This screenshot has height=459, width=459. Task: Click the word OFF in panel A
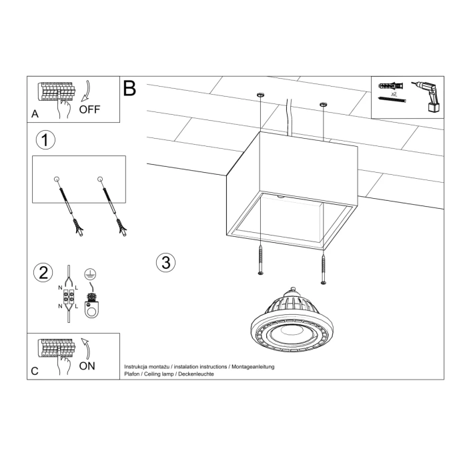(89, 109)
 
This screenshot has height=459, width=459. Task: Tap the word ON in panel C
(87, 366)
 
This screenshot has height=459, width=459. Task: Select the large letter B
(129, 89)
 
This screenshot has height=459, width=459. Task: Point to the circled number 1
(45, 140)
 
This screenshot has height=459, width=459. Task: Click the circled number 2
(44, 272)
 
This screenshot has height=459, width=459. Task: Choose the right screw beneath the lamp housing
(324, 264)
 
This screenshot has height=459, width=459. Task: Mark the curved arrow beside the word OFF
(87, 91)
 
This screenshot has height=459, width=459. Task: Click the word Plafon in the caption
(132, 375)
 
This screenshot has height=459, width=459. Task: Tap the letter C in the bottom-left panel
(35, 372)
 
